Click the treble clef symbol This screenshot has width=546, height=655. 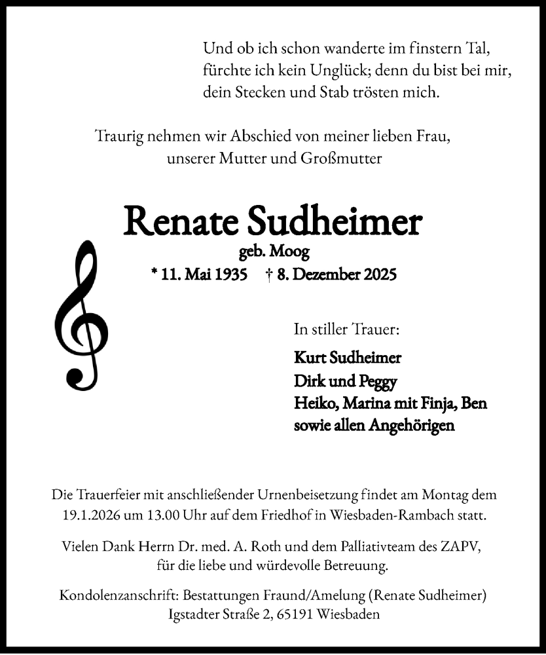click(x=81, y=314)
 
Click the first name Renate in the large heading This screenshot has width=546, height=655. click(x=180, y=222)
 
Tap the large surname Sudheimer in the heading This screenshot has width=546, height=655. click(x=334, y=222)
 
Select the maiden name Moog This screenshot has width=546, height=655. click(x=293, y=251)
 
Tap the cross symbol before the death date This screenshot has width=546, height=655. click(x=270, y=275)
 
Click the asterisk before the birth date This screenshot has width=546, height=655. click(x=154, y=274)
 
